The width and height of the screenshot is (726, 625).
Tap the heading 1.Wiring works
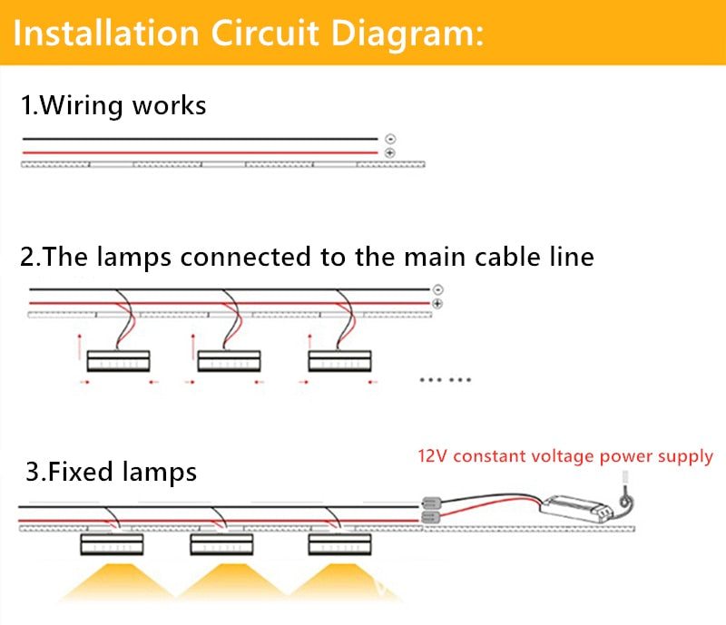[x=113, y=105]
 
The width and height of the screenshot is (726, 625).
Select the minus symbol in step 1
[x=390, y=139]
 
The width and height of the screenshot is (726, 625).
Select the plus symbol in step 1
[x=390, y=153]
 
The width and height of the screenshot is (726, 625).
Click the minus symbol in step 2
[x=438, y=289]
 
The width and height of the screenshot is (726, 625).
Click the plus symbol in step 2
[x=438, y=303]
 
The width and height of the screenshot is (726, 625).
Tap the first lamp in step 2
[x=117, y=361]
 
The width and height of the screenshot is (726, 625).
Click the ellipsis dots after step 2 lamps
[x=445, y=380]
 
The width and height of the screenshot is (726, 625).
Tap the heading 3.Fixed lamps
[x=111, y=472]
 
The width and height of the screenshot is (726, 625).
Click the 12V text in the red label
[x=431, y=455]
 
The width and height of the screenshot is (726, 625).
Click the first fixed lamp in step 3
[x=111, y=544]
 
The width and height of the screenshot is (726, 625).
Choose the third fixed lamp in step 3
[x=339, y=544]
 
